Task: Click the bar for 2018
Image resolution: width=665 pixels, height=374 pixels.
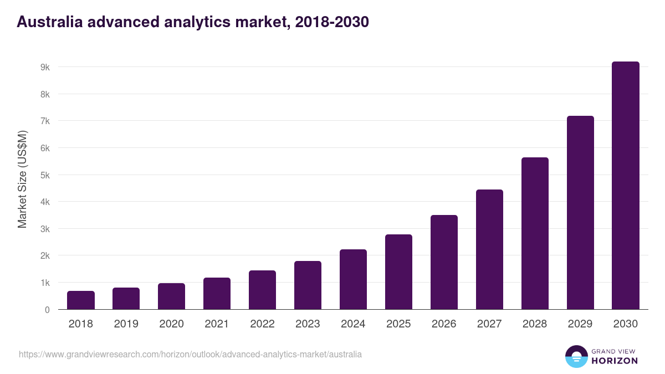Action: pyautogui.click(x=81, y=300)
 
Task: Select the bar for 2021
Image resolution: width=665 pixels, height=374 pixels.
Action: pyautogui.click(x=217, y=294)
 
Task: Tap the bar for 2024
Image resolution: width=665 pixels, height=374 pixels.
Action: pyautogui.click(x=353, y=279)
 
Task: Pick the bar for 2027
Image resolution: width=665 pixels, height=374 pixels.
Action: pyautogui.click(x=489, y=249)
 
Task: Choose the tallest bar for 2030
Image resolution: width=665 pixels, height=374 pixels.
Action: pyautogui.click(x=626, y=186)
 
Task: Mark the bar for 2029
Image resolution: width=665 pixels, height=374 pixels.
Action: pyautogui.click(x=580, y=213)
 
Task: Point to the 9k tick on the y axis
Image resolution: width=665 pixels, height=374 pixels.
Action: pyautogui.click(x=45, y=67)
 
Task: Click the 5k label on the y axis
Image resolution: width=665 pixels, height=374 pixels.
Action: pyautogui.click(x=45, y=175)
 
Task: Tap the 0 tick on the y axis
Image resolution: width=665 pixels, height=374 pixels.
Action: pyautogui.click(x=47, y=310)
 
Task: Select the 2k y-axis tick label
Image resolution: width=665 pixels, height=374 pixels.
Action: pyautogui.click(x=45, y=256)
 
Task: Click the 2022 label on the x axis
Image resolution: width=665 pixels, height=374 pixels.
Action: pyautogui.click(x=262, y=324)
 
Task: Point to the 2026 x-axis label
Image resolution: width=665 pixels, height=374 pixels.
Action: pyautogui.click(x=444, y=324)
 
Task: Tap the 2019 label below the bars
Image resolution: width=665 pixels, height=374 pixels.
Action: pyautogui.click(x=126, y=324)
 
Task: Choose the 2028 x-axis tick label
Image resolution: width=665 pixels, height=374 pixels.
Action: pyautogui.click(x=535, y=324)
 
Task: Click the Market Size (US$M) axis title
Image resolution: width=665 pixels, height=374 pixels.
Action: pyautogui.click(x=22, y=179)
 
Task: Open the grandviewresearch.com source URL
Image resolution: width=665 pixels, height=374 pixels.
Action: pyautogui.click(x=190, y=354)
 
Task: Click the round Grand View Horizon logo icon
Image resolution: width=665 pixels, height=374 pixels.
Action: pyautogui.click(x=576, y=356)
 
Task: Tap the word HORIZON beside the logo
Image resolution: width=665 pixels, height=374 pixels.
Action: pyautogui.click(x=615, y=361)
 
